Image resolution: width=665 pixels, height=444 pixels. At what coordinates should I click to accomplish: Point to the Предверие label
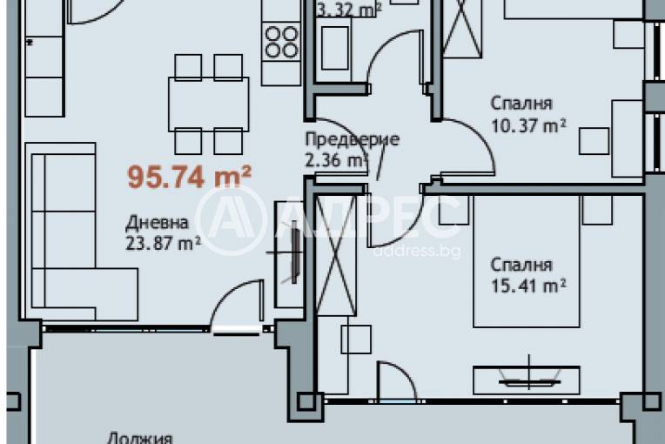352,139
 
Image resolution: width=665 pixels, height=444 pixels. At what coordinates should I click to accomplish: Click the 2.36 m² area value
336,160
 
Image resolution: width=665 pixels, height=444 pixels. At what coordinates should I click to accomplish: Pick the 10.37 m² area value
528,125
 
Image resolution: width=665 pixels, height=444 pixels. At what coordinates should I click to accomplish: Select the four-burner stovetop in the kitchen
280,41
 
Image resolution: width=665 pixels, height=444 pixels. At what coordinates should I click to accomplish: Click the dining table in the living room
208,104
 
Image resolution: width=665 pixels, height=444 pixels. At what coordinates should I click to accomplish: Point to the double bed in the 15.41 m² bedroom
525,261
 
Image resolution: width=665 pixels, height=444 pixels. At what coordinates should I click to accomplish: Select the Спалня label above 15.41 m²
521,264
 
